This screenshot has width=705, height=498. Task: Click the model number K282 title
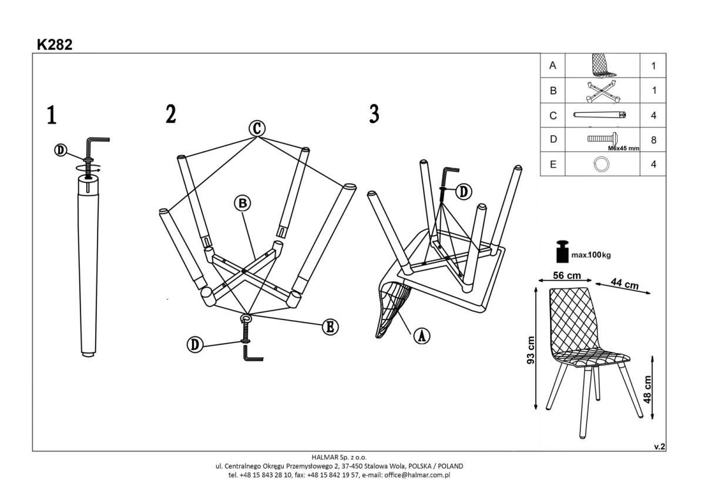tap(55, 45)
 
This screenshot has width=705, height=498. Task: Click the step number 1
tap(52, 115)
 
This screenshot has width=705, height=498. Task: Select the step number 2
tap(171, 114)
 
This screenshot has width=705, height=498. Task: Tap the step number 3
tap(374, 114)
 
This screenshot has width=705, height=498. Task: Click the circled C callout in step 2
tap(257, 129)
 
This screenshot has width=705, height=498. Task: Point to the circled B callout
tap(243, 203)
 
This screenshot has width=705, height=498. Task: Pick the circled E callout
tap(330, 327)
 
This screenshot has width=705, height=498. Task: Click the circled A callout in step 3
tap(422, 337)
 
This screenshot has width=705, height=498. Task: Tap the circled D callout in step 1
tap(61, 150)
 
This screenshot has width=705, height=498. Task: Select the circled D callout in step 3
tap(464, 191)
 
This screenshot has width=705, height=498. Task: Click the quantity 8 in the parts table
tap(653, 140)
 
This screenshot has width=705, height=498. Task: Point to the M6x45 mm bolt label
tap(623, 148)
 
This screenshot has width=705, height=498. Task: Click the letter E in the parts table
tap(553, 164)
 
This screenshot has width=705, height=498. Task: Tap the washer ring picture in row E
tap(602, 164)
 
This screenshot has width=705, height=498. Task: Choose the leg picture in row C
tap(600, 115)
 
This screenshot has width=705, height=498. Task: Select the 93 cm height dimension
tap(531, 350)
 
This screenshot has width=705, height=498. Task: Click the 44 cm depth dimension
tap(625, 284)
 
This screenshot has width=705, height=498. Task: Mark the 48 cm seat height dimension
tap(647, 389)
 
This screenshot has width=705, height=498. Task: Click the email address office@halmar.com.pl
tap(417, 475)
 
